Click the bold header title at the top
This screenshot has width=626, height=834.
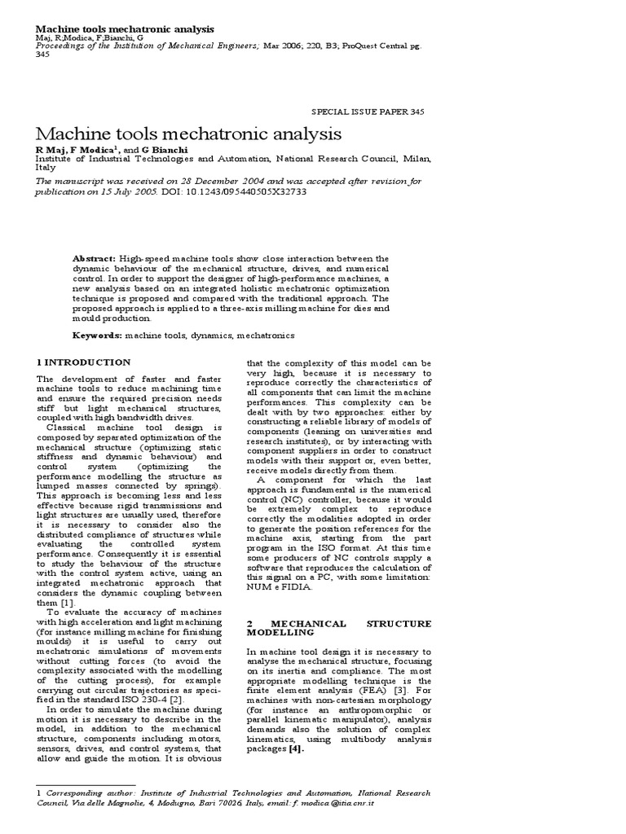(x=126, y=29)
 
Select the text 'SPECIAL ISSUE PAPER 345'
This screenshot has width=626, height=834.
(x=368, y=112)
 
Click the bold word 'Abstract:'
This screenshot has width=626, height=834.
(x=95, y=257)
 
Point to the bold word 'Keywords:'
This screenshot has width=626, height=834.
(x=98, y=335)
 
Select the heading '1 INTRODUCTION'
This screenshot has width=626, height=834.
(x=83, y=362)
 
